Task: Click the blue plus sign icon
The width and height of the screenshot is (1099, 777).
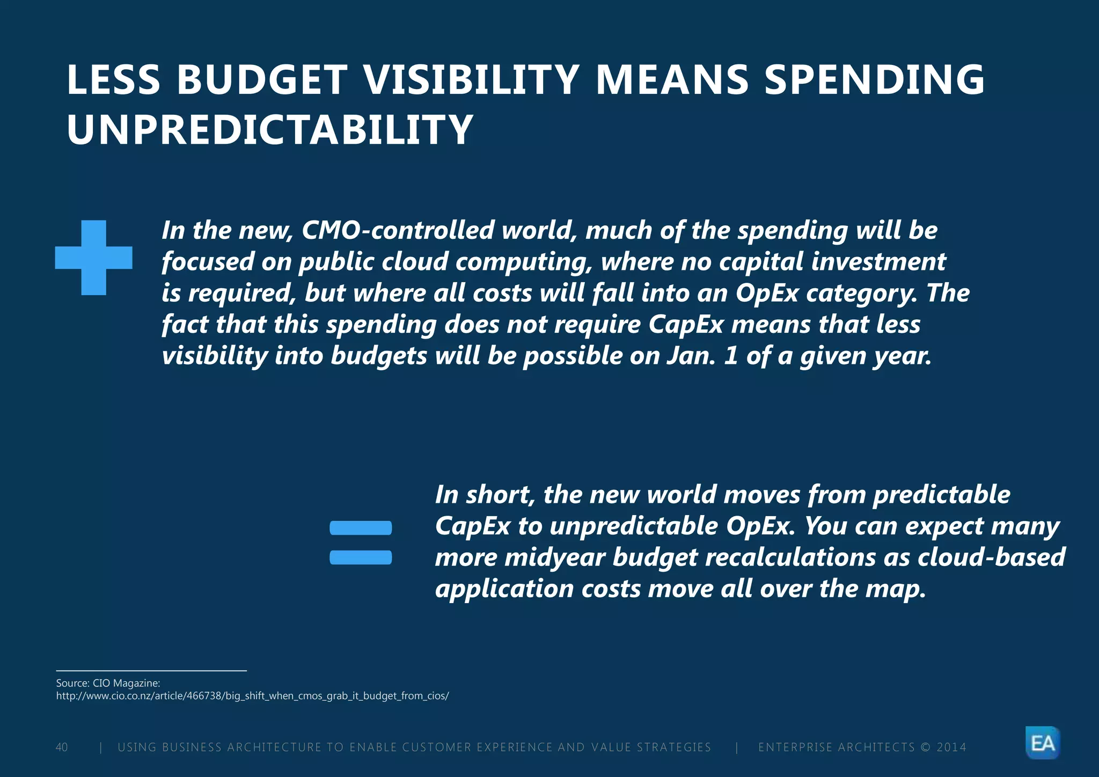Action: pyautogui.click(x=94, y=258)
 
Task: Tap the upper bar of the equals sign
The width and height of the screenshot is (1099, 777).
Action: pyautogui.click(x=361, y=528)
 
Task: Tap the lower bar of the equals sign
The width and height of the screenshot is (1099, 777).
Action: pyautogui.click(x=361, y=558)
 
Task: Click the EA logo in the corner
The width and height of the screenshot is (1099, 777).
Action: pyautogui.click(x=1043, y=743)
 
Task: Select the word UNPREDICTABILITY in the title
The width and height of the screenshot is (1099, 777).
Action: pyautogui.click(x=269, y=130)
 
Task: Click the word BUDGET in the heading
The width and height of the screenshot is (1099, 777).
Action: pyautogui.click(x=262, y=80)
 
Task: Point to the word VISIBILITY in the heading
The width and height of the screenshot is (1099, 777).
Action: pyautogui.click(x=471, y=80)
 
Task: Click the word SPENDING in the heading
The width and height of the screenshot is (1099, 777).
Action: pyautogui.click(x=874, y=80)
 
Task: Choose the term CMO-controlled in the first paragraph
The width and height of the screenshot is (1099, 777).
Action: pyautogui.click(x=398, y=231)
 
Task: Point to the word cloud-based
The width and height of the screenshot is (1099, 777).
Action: pyautogui.click(x=991, y=558)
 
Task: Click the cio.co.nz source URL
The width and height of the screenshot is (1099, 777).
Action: pyautogui.click(x=252, y=696)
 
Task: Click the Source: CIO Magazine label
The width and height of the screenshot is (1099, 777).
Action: pyautogui.click(x=108, y=683)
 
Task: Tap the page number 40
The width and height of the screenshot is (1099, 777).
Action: pyautogui.click(x=62, y=747)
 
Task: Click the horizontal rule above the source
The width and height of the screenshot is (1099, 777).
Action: pyautogui.click(x=151, y=671)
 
